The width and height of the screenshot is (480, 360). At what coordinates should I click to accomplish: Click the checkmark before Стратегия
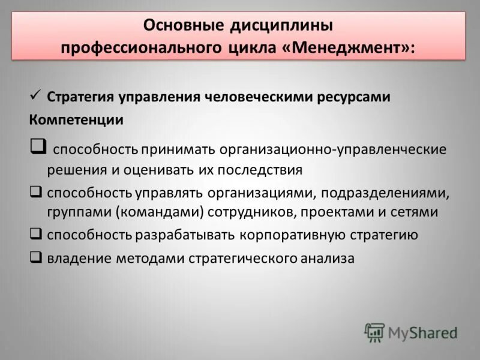click(35, 95)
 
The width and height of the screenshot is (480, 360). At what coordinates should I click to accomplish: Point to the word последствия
click(263, 170)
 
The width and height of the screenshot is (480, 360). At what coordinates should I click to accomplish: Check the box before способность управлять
click(35, 193)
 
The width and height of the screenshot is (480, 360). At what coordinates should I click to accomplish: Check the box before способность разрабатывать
click(35, 235)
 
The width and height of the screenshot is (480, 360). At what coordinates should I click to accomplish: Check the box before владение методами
click(35, 258)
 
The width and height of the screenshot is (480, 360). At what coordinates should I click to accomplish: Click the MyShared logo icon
click(374, 332)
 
